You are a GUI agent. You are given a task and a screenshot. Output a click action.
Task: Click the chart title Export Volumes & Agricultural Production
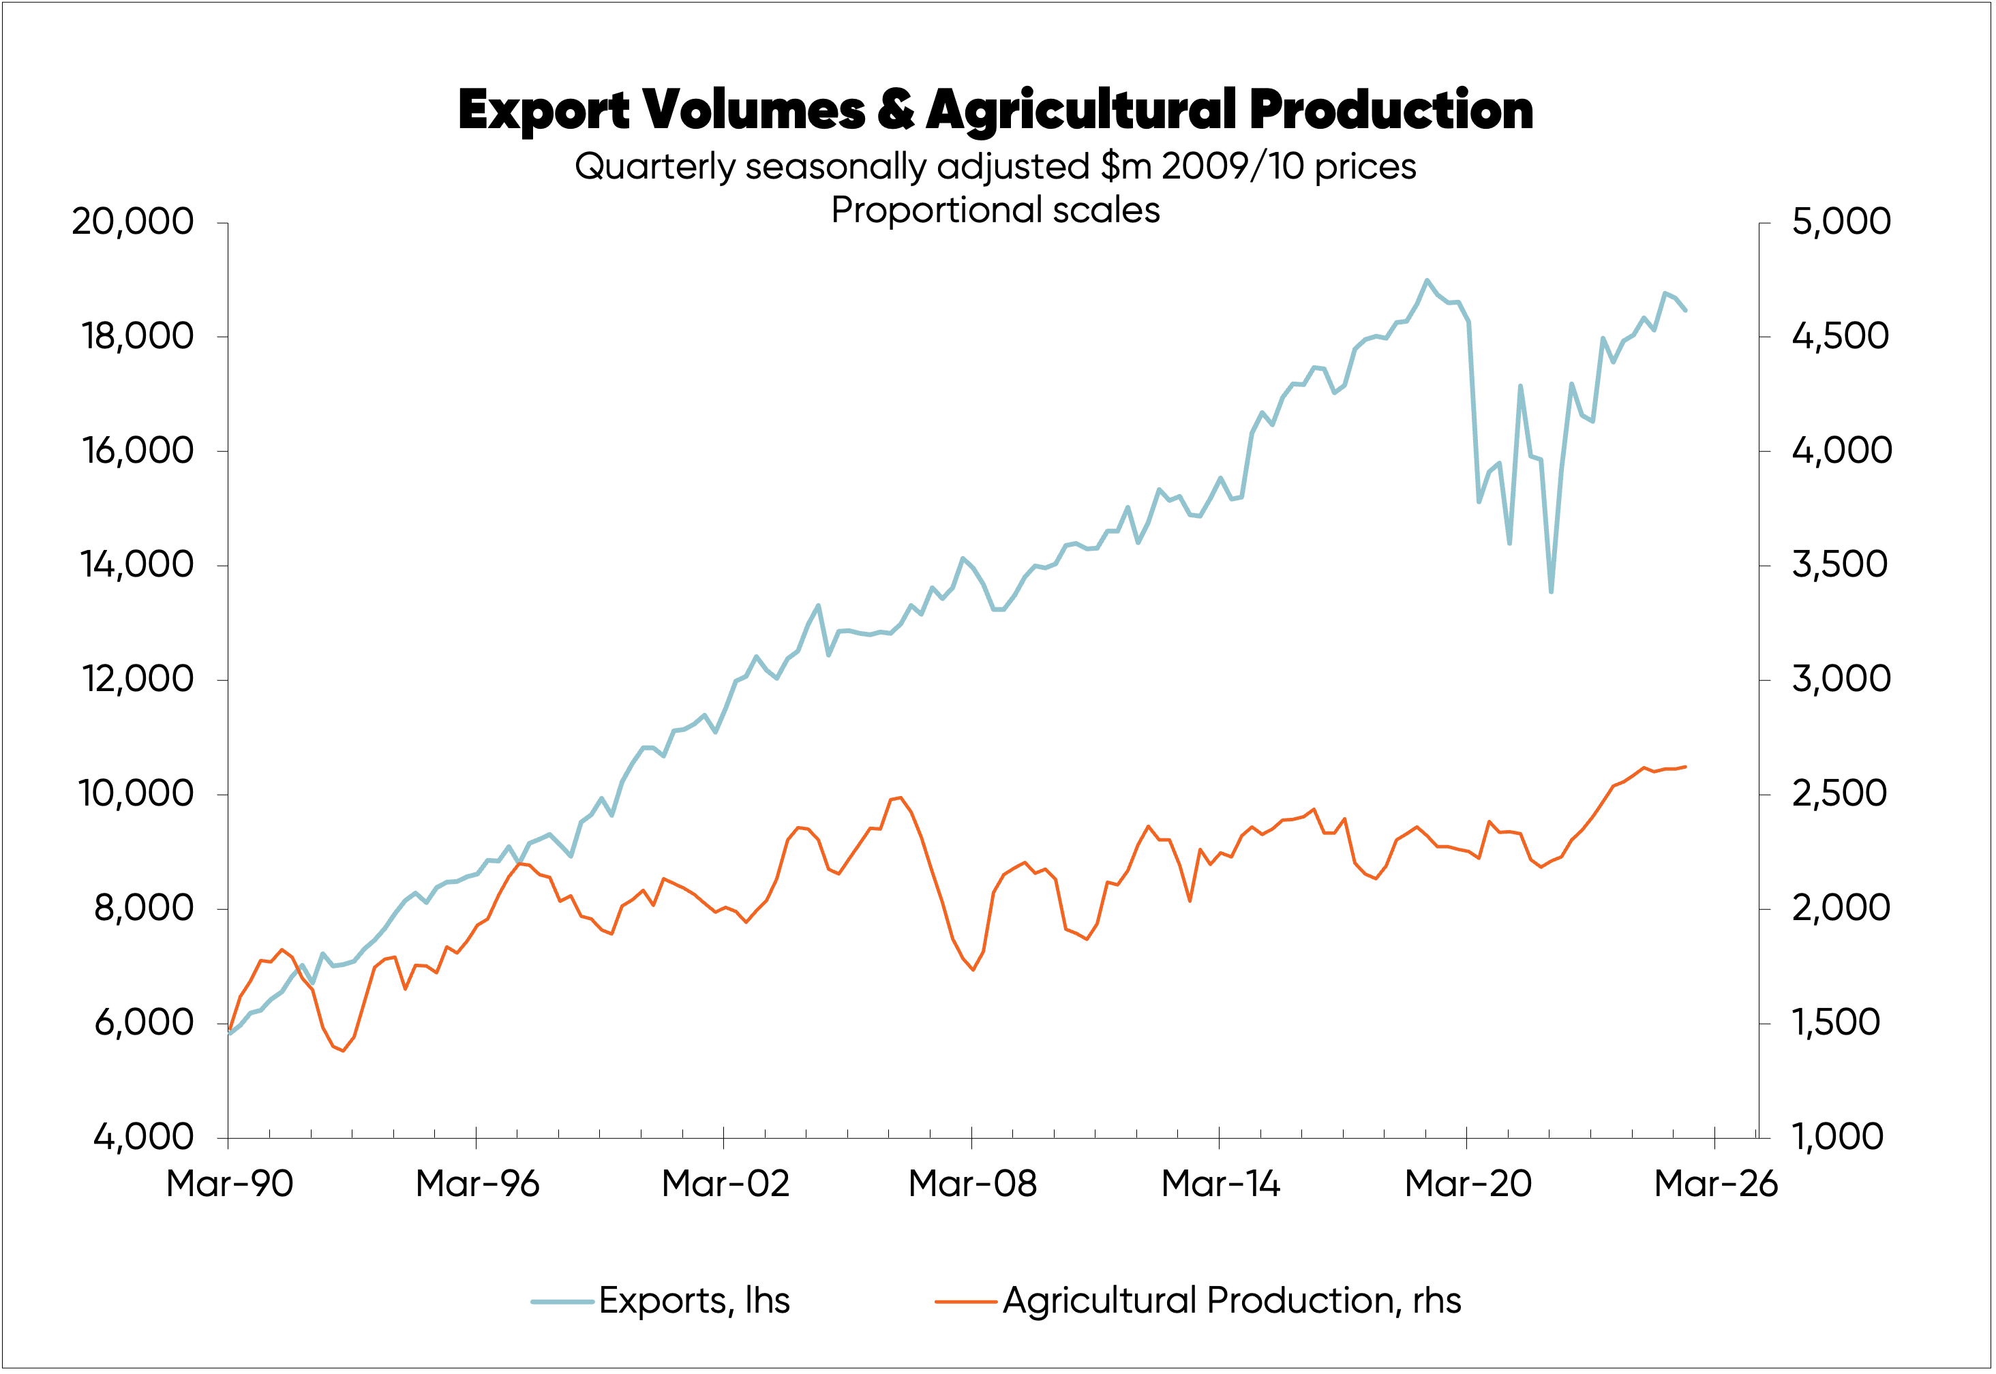pos(995,110)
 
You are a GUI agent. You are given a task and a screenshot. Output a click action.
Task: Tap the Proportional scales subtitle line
pos(995,210)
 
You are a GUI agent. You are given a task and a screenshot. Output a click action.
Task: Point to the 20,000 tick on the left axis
pos(133,222)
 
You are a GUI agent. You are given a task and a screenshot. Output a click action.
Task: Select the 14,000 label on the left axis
pos(137,565)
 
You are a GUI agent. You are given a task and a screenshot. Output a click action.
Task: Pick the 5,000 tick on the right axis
pos(1841,222)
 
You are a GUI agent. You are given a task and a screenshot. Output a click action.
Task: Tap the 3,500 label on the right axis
pos(1839,565)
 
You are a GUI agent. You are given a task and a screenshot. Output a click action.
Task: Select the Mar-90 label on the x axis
pos(229,1184)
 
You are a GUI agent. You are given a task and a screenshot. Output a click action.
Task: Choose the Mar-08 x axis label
pos(972,1184)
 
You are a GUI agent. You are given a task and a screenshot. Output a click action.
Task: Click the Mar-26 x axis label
pos(1715,1184)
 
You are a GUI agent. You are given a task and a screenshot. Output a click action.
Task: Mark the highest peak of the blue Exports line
pos(1427,280)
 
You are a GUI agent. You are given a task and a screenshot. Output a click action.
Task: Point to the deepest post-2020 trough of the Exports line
pos(1551,592)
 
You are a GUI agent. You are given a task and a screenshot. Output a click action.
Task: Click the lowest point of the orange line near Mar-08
pos(973,969)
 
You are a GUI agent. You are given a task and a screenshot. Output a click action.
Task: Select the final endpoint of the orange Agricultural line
pos(1685,766)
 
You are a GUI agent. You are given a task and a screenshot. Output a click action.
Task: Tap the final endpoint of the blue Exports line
pos(1685,310)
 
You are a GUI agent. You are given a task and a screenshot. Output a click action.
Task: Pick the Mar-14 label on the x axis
pos(1220,1184)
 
